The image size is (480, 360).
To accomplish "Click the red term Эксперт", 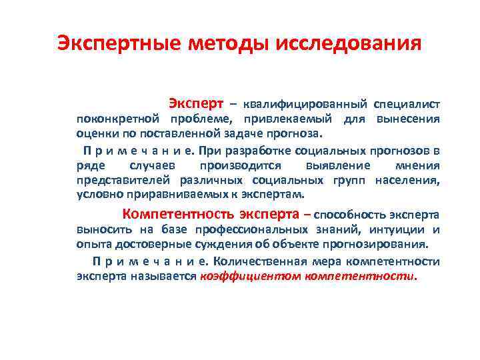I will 195,104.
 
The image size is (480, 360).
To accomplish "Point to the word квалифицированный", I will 305,105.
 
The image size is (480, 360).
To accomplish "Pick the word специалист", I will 406,105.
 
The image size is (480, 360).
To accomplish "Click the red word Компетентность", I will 177,215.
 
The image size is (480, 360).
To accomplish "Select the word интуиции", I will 393,230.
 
